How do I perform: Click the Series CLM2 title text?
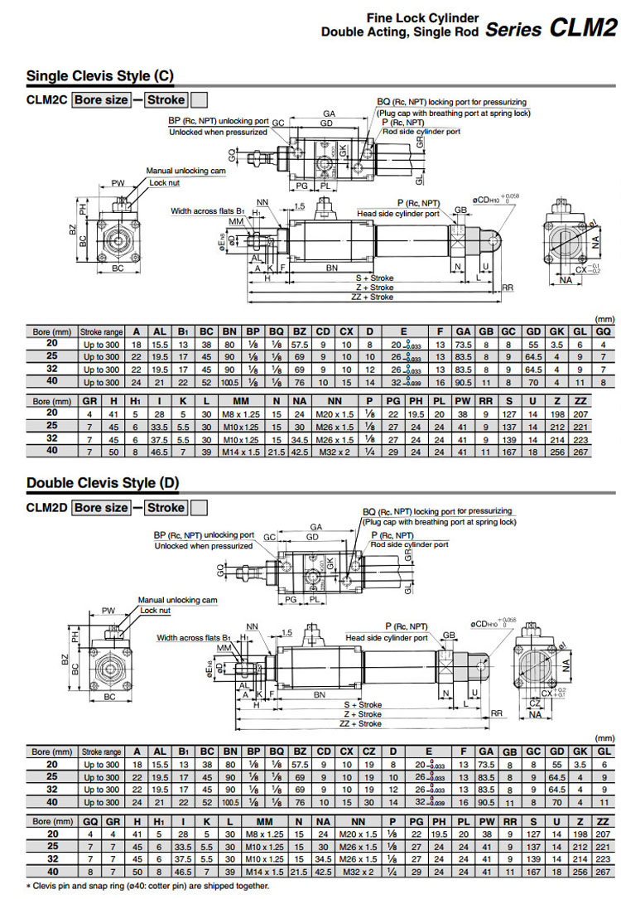[x=551, y=28]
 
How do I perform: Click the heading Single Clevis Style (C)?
[x=100, y=76]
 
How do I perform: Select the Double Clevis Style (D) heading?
[x=103, y=482]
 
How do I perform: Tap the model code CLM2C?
[x=46, y=100]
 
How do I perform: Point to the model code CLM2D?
[x=46, y=507]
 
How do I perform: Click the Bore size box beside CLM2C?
[x=101, y=100]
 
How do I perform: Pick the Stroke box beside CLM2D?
[x=166, y=507]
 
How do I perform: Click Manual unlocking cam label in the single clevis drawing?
[x=185, y=171]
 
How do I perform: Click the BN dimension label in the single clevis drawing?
[x=331, y=268]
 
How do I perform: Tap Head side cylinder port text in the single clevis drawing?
[x=398, y=213]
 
